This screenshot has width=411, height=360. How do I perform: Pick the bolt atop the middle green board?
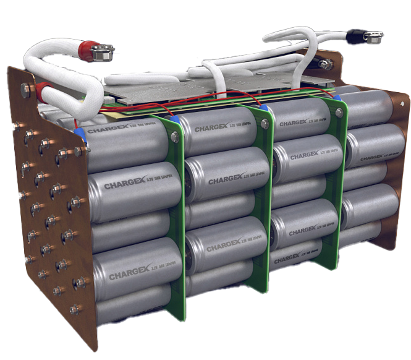pyautogui.click(x=264, y=124)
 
